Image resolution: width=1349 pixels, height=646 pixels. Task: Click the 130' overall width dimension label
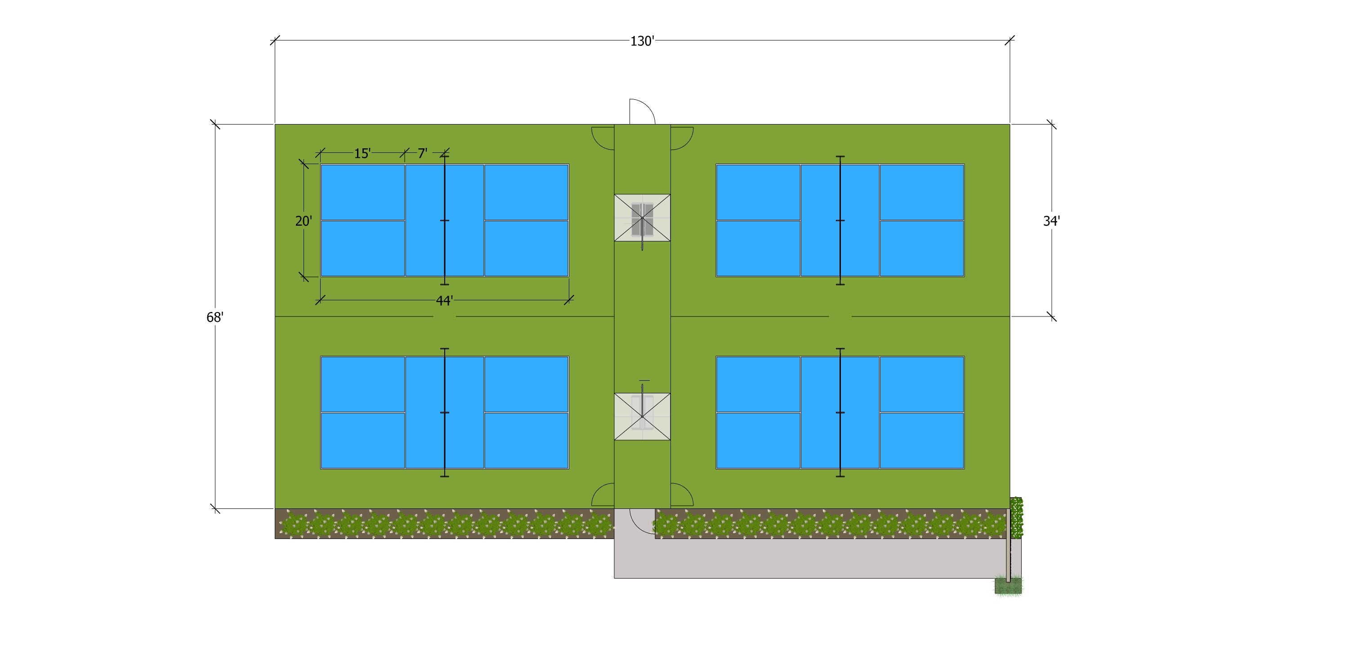point(642,41)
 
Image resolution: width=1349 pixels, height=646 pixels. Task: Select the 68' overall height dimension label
point(214,317)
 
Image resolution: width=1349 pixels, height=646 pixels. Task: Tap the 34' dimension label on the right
point(1051,221)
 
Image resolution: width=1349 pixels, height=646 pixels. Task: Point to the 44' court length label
point(444,300)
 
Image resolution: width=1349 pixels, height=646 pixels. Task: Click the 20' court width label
point(303,221)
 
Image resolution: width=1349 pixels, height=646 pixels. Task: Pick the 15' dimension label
point(362,153)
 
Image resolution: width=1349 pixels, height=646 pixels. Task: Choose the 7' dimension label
point(422,153)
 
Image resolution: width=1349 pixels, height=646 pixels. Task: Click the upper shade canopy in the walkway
point(642,218)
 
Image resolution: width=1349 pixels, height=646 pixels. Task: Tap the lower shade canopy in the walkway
point(642,417)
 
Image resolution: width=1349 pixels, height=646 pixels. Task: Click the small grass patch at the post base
point(1008,586)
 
